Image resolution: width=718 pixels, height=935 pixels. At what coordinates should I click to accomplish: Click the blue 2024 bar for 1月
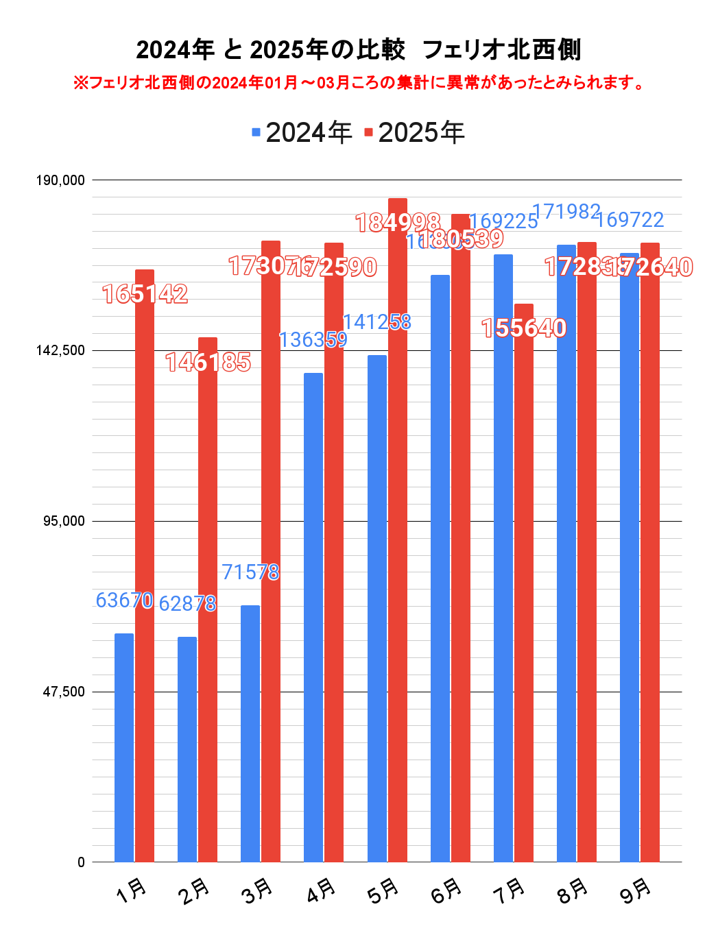[124, 747]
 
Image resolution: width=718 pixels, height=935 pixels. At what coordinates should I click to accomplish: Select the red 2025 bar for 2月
[208, 600]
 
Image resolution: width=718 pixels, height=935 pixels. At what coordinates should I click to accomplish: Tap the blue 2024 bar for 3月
[250, 733]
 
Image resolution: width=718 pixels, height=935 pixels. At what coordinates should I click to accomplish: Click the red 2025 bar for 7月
[524, 583]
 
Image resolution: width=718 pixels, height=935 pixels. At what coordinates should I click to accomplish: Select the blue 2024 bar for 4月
[313, 617]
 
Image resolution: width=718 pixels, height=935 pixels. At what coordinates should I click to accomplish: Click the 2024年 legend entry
[302, 132]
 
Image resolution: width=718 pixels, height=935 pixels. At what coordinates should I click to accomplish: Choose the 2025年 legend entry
[414, 132]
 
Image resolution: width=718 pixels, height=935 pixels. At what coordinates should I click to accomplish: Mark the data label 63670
[124, 600]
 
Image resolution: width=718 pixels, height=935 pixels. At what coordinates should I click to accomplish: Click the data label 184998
[398, 223]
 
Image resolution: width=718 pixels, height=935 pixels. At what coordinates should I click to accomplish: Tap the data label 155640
[524, 328]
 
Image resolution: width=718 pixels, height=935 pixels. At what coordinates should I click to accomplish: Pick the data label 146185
[208, 362]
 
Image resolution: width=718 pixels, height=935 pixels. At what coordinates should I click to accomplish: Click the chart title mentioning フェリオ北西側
[359, 50]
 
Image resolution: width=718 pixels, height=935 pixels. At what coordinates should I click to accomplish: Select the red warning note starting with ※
[359, 83]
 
